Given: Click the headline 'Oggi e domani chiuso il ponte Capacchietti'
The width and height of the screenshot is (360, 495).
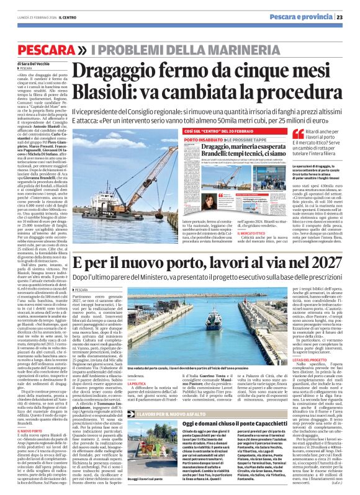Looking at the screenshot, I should [235, 389].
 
